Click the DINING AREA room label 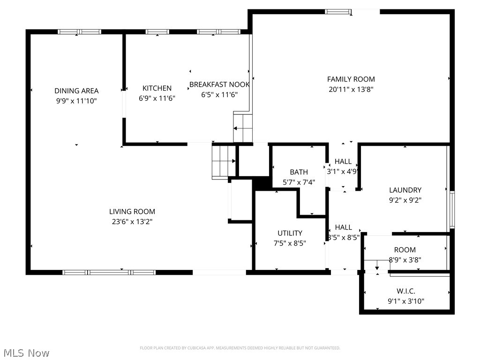[76, 91]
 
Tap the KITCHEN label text [157, 88]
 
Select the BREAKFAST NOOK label [219, 85]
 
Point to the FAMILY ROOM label [351, 79]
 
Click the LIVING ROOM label [132, 211]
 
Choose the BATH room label [299, 172]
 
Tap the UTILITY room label [290, 233]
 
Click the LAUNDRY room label [405, 190]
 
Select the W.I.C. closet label [406, 291]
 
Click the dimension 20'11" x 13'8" [351, 89]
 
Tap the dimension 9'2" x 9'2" [405, 200]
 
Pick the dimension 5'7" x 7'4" [299, 182]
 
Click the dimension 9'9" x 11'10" [76, 101]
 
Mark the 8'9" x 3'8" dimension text [405, 260]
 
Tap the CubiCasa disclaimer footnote [240, 348]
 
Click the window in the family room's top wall [338, 12]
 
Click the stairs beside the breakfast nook [243, 127]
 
